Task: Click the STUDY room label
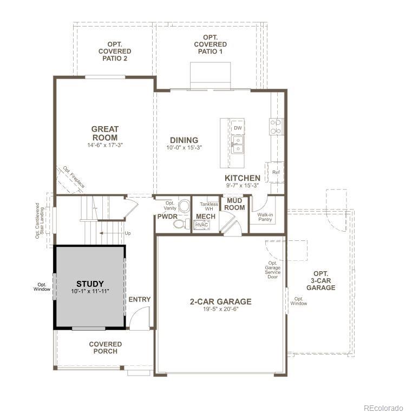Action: tap(90, 284)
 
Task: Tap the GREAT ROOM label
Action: tap(104, 133)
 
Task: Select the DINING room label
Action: tap(184, 140)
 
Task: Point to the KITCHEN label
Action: tap(243, 178)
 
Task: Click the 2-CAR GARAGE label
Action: tap(220, 301)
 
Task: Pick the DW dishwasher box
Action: tap(238, 128)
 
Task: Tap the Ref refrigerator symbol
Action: tap(276, 172)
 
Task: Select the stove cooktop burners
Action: tap(276, 127)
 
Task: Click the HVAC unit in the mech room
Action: tap(202, 224)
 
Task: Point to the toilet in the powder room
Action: tap(184, 206)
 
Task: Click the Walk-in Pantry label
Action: tap(265, 217)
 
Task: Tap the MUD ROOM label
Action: tap(235, 204)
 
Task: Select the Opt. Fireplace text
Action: tap(74, 176)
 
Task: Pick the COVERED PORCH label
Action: tap(106, 348)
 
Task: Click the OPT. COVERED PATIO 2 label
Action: tap(115, 51)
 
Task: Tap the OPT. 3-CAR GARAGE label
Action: tap(320, 280)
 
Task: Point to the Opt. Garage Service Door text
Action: tap(272, 269)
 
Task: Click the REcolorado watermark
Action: tap(383, 407)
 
